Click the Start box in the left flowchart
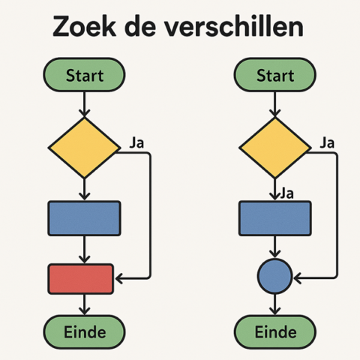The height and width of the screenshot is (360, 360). tap(84, 76)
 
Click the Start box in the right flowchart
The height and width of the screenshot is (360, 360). tap(274, 76)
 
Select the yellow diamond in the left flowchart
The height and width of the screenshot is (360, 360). tap(84, 147)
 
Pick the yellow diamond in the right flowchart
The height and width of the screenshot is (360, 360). tap(274, 147)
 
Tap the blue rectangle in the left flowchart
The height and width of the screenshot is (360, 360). tap(84, 217)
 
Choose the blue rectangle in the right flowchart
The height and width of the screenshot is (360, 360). tap(274, 217)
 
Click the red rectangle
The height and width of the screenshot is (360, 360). tap(80, 278)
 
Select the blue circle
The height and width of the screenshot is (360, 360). tap(274, 277)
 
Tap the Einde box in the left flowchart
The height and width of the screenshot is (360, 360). tap(84, 331)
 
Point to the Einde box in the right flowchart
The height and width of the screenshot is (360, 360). tap(274, 331)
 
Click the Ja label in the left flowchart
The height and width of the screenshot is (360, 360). tap(136, 142)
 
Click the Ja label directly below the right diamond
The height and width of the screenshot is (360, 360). tap(286, 194)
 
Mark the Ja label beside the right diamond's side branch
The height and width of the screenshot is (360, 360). tap(327, 142)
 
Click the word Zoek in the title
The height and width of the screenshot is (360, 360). tap(90, 26)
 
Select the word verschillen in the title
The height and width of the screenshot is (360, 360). tap(237, 26)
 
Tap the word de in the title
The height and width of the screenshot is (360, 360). tap(148, 26)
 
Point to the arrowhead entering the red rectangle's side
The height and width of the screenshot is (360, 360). tap(118, 278)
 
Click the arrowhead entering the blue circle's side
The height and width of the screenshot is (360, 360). tap(298, 277)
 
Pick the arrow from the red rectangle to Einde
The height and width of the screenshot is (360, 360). tap(84, 304)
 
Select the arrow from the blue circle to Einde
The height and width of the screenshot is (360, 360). tap(274, 304)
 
